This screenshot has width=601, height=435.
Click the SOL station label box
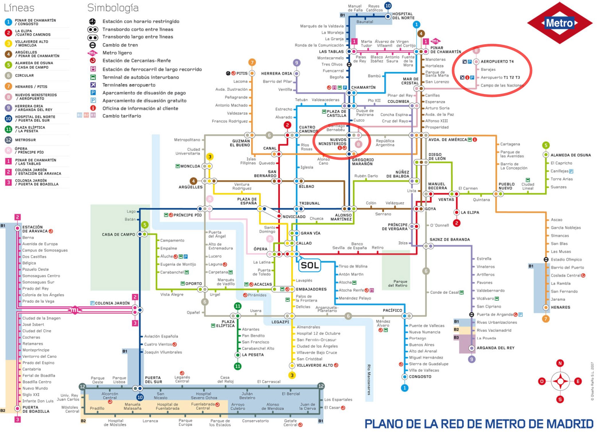click(310, 265)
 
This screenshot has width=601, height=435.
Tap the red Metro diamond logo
click(559, 23)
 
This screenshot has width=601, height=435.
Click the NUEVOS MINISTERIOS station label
click(332, 142)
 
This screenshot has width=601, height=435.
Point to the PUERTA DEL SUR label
click(153, 380)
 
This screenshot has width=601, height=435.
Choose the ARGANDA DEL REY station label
click(495, 348)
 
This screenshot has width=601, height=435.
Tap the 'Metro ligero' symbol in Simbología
click(92, 53)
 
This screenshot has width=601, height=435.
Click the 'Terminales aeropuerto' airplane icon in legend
click(93, 85)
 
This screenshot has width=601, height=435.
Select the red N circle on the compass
click(560, 363)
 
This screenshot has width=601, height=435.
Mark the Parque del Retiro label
click(397, 283)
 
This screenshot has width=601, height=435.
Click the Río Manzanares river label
click(369, 380)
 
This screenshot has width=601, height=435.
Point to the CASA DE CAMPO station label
click(118, 234)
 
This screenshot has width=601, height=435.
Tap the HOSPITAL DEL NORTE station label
click(403, 16)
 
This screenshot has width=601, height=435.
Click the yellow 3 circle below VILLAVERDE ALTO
click(292, 375)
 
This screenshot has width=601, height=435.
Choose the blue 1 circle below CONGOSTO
click(405, 388)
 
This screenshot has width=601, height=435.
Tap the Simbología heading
click(113, 8)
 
